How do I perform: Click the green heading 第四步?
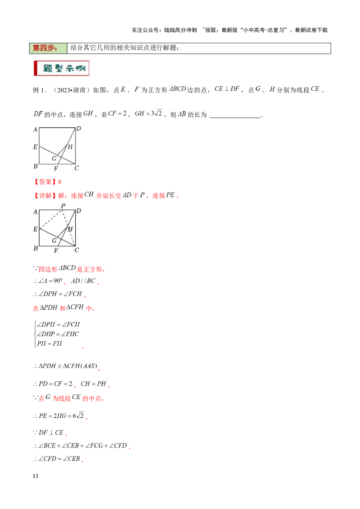[48, 48]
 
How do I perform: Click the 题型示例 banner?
[61, 68]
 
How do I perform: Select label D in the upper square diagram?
[78, 129]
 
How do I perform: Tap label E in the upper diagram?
[35, 147]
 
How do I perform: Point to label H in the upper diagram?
[70, 147]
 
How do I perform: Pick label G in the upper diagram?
[54, 158]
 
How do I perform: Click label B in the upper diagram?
[35, 167]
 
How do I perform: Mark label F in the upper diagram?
[56, 169]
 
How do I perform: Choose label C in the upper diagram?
[76, 168]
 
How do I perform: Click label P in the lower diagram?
[63, 206]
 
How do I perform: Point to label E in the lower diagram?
[35, 229]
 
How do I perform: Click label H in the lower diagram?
[70, 229]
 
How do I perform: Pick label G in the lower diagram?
[54, 241]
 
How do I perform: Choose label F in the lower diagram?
[56, 251]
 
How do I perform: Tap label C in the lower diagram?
[76, 250]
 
